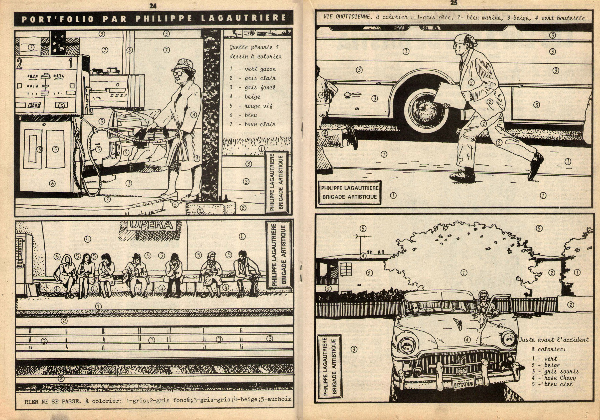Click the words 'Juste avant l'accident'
pyautogui.click(x=554, y=340)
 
